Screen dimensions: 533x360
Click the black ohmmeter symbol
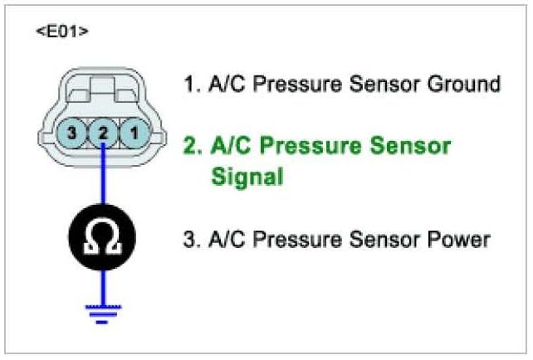tap(101, 241)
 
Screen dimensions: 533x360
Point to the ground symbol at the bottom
tap(101, 314)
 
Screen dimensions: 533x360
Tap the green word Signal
tap(247, 177)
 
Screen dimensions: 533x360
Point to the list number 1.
tap(189, 84)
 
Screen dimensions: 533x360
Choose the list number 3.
tap(189, 240)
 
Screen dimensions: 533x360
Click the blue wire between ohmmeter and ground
tap(101, 286)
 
